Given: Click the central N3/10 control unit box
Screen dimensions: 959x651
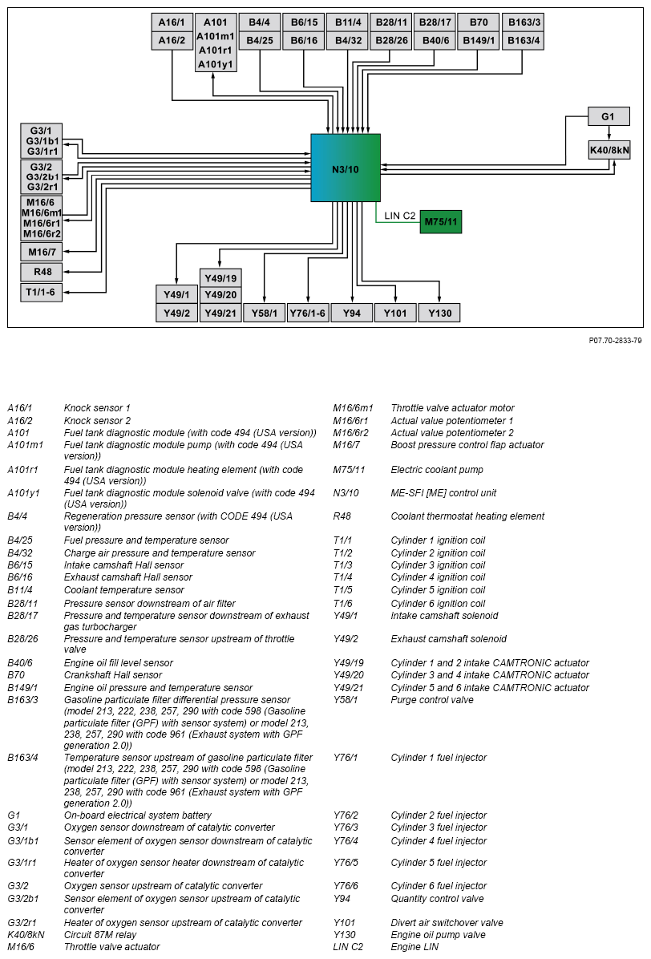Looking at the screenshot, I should coord(346,168).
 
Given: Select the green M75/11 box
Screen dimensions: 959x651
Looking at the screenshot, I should coord(440,221).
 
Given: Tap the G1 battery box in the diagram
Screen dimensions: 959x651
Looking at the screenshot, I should coord(608,117).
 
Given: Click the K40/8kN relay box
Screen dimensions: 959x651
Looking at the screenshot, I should coord(609,149).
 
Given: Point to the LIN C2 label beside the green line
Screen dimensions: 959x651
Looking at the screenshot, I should coord(399,215).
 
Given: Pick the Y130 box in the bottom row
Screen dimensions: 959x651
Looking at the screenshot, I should coord(439,313).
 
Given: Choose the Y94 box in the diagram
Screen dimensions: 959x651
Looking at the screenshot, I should coord(351,313).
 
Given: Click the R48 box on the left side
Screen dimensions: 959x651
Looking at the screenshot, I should coord(42,273).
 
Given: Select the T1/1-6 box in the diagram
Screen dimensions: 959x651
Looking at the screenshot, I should coord(42,293).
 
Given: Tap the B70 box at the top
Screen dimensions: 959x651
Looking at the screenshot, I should coord(479,22).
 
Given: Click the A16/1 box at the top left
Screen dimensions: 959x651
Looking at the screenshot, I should coord(172,22).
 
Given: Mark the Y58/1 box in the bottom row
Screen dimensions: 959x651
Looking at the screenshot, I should coord(264,313).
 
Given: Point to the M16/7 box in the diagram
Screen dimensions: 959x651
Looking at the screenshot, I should coord(42,252).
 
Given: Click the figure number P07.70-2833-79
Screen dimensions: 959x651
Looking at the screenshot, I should coord(615,341).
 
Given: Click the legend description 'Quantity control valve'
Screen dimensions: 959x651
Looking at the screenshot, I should coord(438,899).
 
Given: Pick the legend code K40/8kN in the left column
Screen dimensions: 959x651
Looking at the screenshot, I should coord(26,935).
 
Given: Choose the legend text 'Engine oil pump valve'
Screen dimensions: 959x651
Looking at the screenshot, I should coord(439,935).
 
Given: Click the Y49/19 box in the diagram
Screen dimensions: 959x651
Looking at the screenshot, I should coord(220,278).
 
